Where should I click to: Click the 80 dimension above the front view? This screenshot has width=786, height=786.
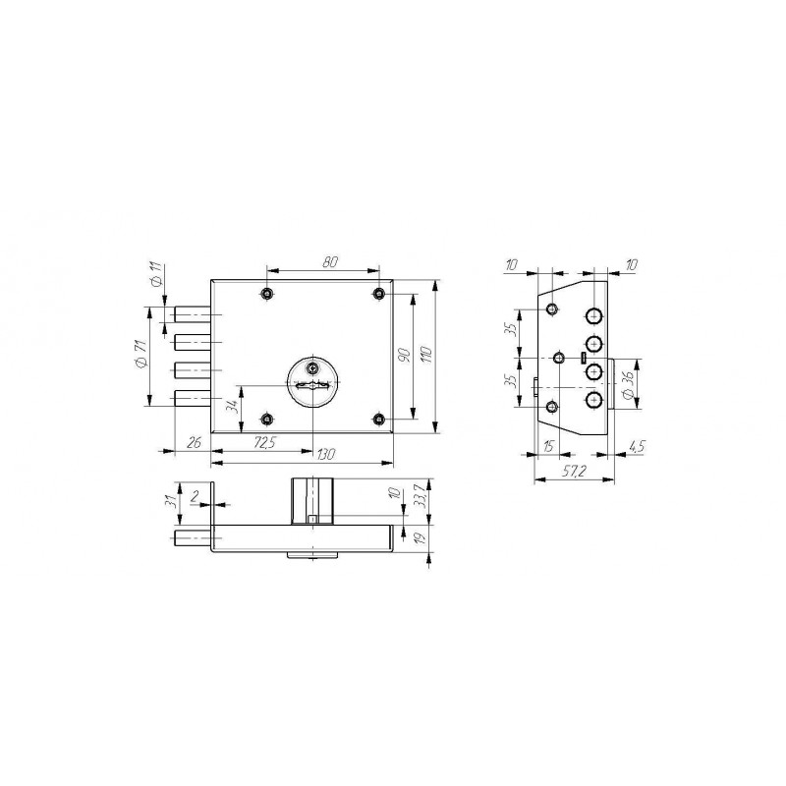click(x=330, y=261)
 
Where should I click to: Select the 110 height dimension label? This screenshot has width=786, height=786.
click(x=427, y=355)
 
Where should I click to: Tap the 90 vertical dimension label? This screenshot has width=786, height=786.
click(x=404, y=355)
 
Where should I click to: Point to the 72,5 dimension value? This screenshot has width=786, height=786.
click(x=264, y=442)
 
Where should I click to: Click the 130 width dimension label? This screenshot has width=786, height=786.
click(x=326, y=454)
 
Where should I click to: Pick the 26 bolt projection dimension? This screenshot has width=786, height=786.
click(x=194, y=442)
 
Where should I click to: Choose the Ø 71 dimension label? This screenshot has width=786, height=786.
click(x=140, y=355)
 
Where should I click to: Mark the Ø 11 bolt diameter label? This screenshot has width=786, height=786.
click(x=157, y=275)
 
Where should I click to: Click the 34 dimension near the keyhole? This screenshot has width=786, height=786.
click(x=232, y=406)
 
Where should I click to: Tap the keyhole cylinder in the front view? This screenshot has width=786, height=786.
click(x=312, y=382)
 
